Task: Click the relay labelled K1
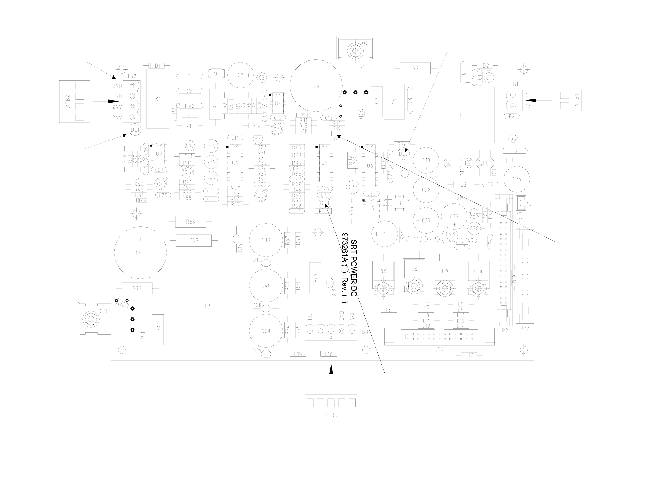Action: (x=158, y=99)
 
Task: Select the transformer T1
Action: (x=458, y=115)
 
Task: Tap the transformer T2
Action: (x=207, y=306)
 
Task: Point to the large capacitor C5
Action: (x=316, y=86)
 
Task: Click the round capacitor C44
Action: (x=140, y=253)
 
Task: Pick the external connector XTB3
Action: (x=331, y=407)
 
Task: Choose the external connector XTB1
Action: (x=569, y=100)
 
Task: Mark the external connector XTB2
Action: (x=75, y=101)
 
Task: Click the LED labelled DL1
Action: (x=136, y=130)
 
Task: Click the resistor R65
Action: (x=191, y=222)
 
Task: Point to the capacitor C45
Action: (x=193, y=241)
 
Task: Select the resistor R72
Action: (x=137, y=288)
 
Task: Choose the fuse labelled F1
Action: (x=190, y=76)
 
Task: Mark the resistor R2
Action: (x=415, y=68)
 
